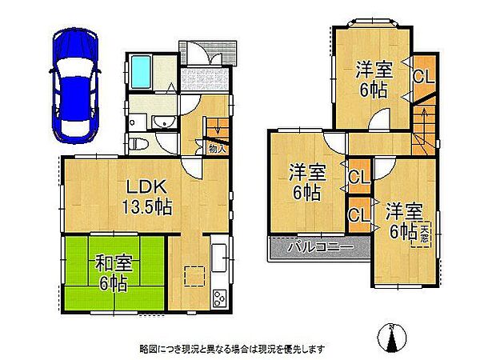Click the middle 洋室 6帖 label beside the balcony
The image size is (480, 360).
tap(307, 181)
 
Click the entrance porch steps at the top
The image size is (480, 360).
tap(210, 53)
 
